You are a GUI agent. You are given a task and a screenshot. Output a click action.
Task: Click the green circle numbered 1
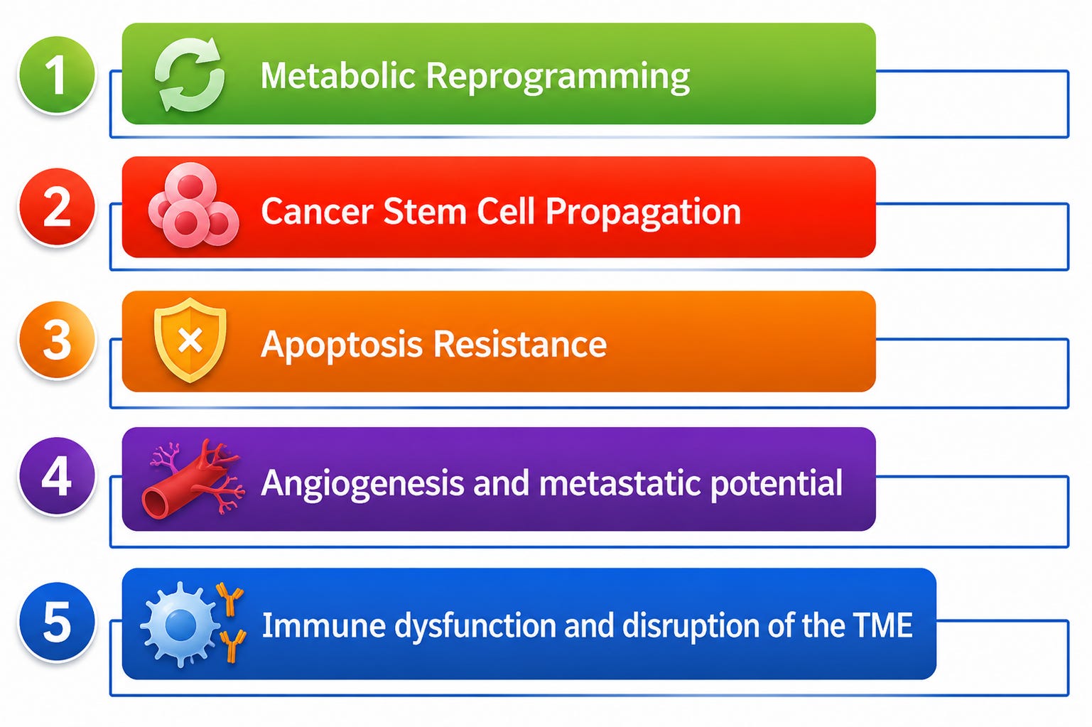click(57, 75)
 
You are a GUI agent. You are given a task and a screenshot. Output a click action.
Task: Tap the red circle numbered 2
click(57, 207)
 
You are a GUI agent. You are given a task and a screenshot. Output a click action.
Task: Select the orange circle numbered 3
click(57, 340)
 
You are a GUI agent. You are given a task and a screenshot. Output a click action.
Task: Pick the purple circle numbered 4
click(57, 476)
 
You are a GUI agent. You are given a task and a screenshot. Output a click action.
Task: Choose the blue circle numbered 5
click(57, 622)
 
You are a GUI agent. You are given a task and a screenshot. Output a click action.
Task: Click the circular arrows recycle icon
click(189, 75)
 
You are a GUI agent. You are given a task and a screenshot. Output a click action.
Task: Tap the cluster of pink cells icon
click(193, 205)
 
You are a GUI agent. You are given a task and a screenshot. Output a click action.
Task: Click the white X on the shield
click(190, 340)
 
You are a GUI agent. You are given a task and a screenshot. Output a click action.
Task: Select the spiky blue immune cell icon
click(181, 625)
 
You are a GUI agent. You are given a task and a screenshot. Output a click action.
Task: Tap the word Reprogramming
click(558, 78)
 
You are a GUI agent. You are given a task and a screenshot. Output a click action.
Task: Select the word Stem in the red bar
click(425, 211)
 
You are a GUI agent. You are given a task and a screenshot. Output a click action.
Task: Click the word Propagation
click(643, 213)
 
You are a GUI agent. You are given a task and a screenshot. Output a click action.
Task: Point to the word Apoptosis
click(342, 345)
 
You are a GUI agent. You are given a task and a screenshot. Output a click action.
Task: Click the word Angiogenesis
click(362, 484)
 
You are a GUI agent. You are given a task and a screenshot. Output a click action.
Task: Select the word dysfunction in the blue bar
click(475, 627)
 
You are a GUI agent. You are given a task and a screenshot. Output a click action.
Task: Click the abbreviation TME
click(882, 625)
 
